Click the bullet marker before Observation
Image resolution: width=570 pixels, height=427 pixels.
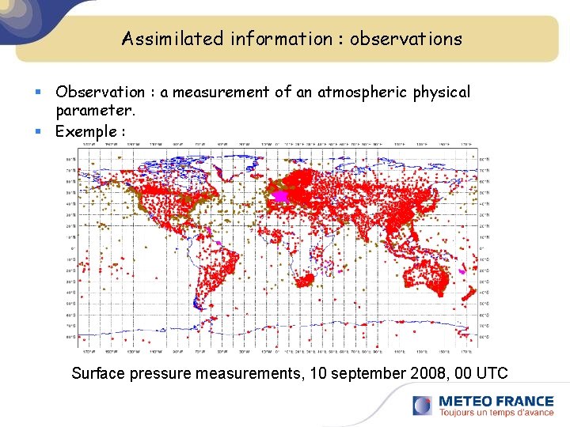pyautogui.click(x=46, y=93)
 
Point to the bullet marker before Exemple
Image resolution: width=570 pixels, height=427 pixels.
pyautogui.click(x=46, y=132)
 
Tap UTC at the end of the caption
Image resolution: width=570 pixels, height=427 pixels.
pyautogui.click(x=491, y=373)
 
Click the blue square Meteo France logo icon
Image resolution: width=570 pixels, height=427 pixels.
pyautogui.click(x=423, y=406)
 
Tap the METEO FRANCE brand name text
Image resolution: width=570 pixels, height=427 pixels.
pyautogui.click(x=496, y=401)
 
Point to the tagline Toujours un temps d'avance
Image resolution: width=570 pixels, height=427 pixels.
pyautogui.click(x=496, y=413)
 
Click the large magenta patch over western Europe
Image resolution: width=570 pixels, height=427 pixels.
pyautogui.click(x=279, y=195)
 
